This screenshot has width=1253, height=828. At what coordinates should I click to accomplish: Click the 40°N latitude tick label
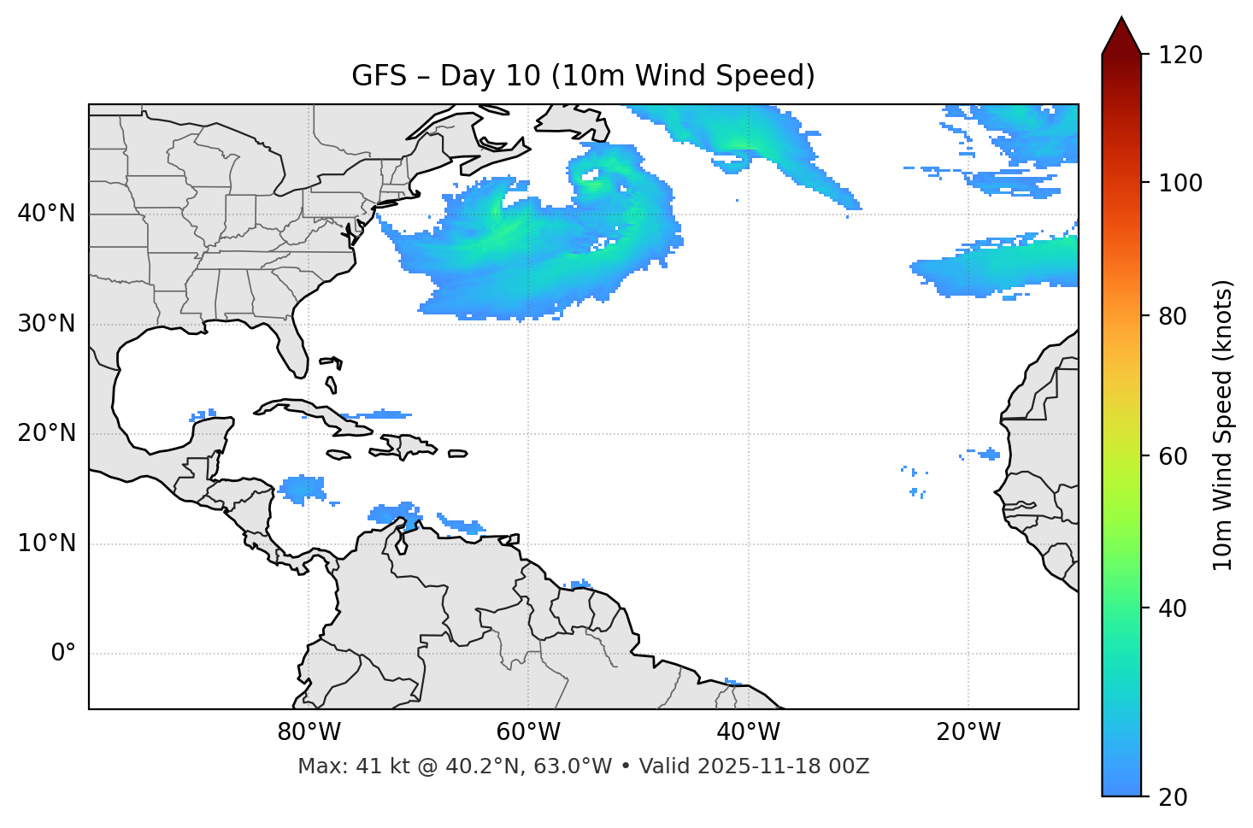[46, 214]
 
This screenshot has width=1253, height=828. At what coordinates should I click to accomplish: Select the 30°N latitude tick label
[46, 324]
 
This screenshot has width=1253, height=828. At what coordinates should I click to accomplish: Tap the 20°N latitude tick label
[46, 433]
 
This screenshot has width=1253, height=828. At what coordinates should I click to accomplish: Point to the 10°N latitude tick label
[46, 543]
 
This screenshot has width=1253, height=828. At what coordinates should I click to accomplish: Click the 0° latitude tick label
[63, 654]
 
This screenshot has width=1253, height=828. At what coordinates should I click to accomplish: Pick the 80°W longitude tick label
[309, 732]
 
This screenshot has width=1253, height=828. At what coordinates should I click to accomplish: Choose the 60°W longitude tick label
[528, 732]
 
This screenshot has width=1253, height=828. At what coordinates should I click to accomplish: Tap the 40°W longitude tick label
[748, 732]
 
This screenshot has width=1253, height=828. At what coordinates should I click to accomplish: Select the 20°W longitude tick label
[968, 732]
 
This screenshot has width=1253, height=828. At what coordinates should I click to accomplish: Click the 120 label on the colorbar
[1179, 56]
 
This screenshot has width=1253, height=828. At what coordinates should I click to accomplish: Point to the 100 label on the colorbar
[1179, 183]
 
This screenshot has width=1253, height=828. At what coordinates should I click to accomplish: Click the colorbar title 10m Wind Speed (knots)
[1223, 425]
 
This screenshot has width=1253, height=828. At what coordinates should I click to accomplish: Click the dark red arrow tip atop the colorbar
[1121, 36]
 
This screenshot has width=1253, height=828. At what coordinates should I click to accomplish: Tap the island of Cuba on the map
[308, 411]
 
